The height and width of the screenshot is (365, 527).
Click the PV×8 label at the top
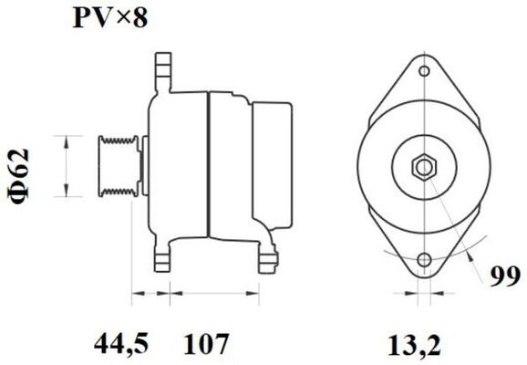tap(109, 18)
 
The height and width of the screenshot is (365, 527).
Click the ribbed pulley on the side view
tap(118, 165)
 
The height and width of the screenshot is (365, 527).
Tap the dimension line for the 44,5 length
tap(151, 294)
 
